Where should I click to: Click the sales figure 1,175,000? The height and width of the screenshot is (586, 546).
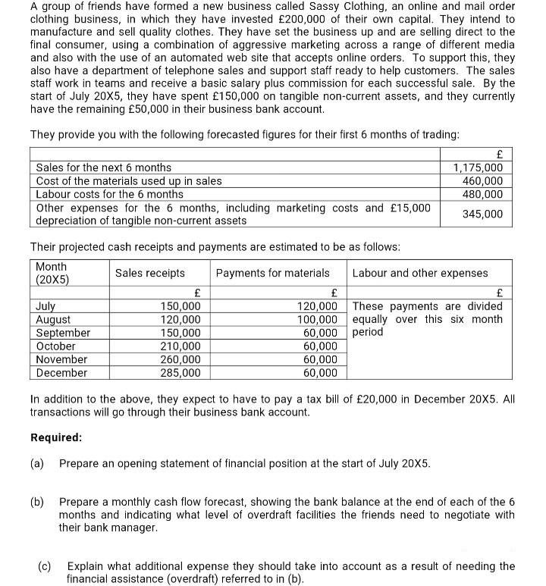click(478, 168)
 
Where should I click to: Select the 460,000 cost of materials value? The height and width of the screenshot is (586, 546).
click(482, 181)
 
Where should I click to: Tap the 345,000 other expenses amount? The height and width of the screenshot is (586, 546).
click(482, 214)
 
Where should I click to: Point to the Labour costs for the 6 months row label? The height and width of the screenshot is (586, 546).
click(110, 194)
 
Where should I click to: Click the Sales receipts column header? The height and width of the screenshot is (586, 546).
click(150, 273)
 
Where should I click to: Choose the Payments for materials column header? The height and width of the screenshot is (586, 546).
click(272, 273)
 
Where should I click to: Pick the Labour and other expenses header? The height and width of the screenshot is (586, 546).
click(420, 273)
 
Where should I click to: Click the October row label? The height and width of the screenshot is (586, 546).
click(56, 346)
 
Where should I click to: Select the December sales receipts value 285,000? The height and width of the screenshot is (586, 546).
click(180, 373)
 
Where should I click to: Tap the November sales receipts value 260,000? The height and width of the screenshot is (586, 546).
click(180, 359)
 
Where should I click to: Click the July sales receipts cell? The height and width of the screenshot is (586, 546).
click(180, 306)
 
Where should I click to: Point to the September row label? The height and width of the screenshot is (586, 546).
click(63, 333)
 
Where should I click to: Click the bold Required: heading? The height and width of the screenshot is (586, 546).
click(56, 437)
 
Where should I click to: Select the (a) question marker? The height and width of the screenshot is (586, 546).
click(37, 463)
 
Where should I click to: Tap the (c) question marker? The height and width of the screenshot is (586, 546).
click(45, 566)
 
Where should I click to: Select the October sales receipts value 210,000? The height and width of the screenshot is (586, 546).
click(180, 346)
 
